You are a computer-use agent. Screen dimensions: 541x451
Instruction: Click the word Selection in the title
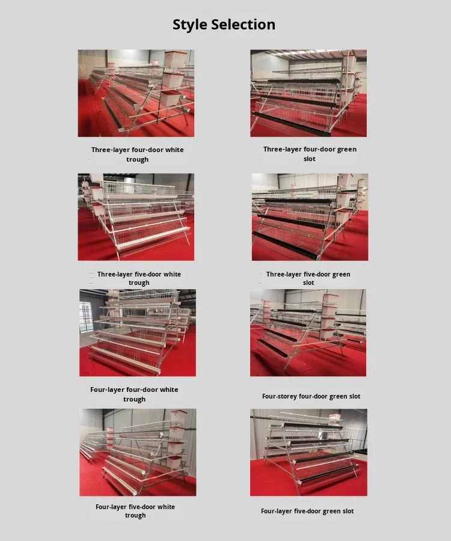(x=245, y=25)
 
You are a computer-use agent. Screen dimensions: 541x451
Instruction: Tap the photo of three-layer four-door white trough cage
(x=136, y=93)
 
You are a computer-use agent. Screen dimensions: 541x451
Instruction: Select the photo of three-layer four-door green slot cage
(x=308, y=93)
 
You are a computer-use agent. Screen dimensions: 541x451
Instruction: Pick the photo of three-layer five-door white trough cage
(x=136, y=217)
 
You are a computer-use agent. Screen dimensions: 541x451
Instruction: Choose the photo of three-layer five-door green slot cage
(x=310, y=217)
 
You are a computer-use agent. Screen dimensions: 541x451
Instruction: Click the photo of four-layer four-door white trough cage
(x=137, y=332)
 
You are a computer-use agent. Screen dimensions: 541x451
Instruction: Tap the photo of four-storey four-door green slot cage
(x=308, y=332)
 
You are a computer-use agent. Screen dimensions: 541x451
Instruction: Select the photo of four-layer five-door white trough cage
(x=138, y=452)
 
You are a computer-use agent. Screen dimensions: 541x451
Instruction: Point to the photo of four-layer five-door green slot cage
(x=308, y=452)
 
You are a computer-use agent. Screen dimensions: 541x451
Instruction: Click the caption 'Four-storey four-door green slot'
(x=311, y=397)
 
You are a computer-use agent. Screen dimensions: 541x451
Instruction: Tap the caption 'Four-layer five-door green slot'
(x=307, y=511)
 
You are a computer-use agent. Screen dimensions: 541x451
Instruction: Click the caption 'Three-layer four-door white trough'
(x=137, y=154)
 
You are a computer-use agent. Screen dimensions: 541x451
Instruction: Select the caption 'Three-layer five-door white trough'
(x=139, y=278)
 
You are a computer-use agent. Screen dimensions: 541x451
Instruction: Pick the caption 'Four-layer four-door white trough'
(x=134, y=394)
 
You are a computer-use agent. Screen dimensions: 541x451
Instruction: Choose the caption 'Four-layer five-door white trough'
(x=135, y=511)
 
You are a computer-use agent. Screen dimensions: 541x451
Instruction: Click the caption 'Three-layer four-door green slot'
(x=310, y=154)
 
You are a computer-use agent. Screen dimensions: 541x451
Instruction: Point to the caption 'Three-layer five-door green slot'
(x=308, y=278)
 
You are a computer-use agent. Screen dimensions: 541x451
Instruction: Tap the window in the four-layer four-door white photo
(x=85, y=317)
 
